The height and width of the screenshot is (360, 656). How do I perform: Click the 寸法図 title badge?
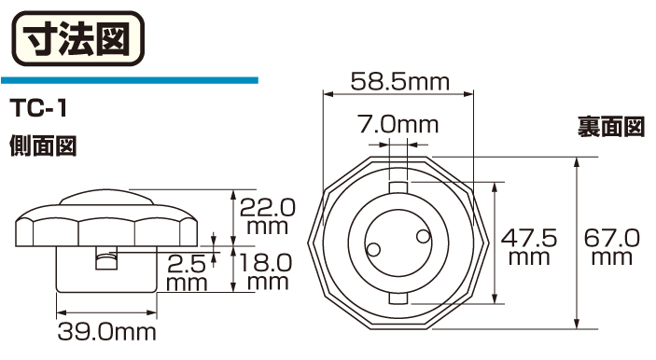tap(78, 38)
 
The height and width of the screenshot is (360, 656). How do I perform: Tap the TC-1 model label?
tap(38, 109)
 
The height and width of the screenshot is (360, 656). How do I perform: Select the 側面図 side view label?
tap(43, 145)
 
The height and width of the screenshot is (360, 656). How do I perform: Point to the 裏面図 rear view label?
tap(611, 127)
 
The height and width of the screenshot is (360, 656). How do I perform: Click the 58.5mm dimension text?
tap(399, 81)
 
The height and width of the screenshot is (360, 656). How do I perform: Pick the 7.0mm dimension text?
tap(398, 125)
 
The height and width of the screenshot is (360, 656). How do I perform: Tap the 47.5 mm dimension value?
tap(529, 247)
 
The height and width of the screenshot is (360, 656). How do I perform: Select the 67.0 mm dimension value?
tap(611, 247)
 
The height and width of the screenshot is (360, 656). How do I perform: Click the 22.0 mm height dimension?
tap(267, 216)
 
